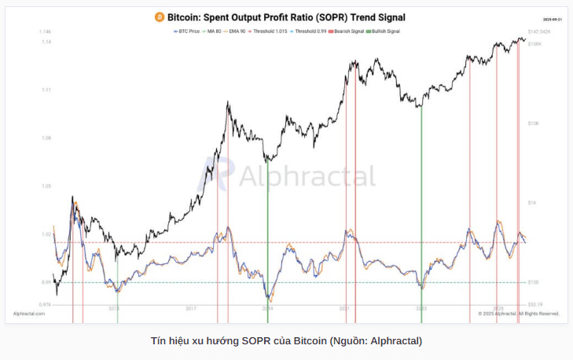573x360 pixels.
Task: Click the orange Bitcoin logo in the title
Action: click(159, 16)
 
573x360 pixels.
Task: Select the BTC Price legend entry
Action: click(187, 31)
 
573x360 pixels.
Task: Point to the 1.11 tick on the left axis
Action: click(46, 90)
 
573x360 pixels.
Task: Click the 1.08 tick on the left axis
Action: click(46, 138)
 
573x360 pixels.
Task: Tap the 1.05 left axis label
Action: click(46, 186)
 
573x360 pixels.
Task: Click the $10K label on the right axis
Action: click(534, 123)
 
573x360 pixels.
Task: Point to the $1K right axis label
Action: click(532, 203)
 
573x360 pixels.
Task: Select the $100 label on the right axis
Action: click(533, 282)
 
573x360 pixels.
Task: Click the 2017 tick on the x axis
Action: click(191, 309)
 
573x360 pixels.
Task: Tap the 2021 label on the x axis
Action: click(344, 309)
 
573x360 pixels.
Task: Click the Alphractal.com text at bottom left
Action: click(30, 314)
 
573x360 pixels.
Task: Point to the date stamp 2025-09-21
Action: click(553, 18)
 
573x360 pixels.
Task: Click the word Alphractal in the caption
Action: click(398, 341)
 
